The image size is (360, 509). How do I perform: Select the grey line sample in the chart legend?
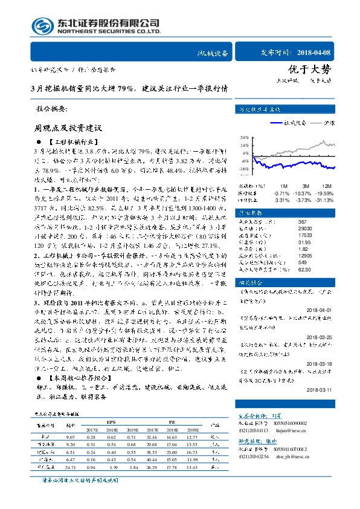[x=315, y=122]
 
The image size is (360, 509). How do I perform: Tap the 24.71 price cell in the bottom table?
[x=70, y=468]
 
